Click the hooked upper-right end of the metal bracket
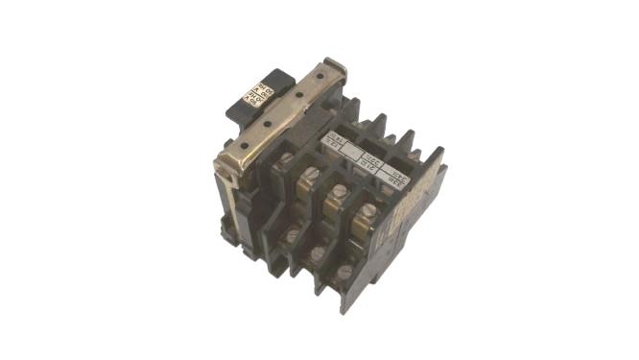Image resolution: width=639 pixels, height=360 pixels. (x=331, y=63)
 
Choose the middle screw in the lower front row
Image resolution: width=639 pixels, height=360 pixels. (x=318, y=253)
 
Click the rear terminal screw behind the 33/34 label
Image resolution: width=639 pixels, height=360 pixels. (x=414, y=156)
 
